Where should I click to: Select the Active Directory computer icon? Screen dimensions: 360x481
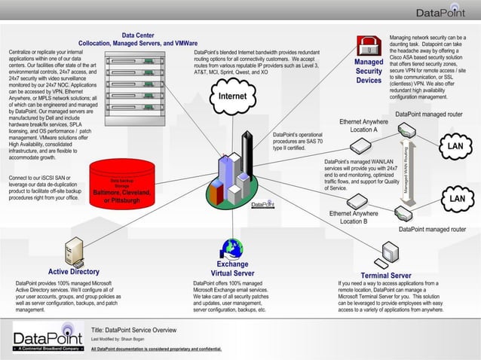(74, 251)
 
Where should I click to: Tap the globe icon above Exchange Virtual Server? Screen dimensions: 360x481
(231, 249)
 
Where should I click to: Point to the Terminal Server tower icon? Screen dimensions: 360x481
(390, 252)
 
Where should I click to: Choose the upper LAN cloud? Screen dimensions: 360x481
(454, 145)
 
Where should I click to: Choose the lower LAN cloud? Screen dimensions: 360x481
(455, 198)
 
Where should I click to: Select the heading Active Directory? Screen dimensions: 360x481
(74, 272)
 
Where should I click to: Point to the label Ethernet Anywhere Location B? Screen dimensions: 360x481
(354, 218)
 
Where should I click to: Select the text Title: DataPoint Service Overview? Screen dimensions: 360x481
(133, 330)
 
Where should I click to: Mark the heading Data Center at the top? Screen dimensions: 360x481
(138, 35)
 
